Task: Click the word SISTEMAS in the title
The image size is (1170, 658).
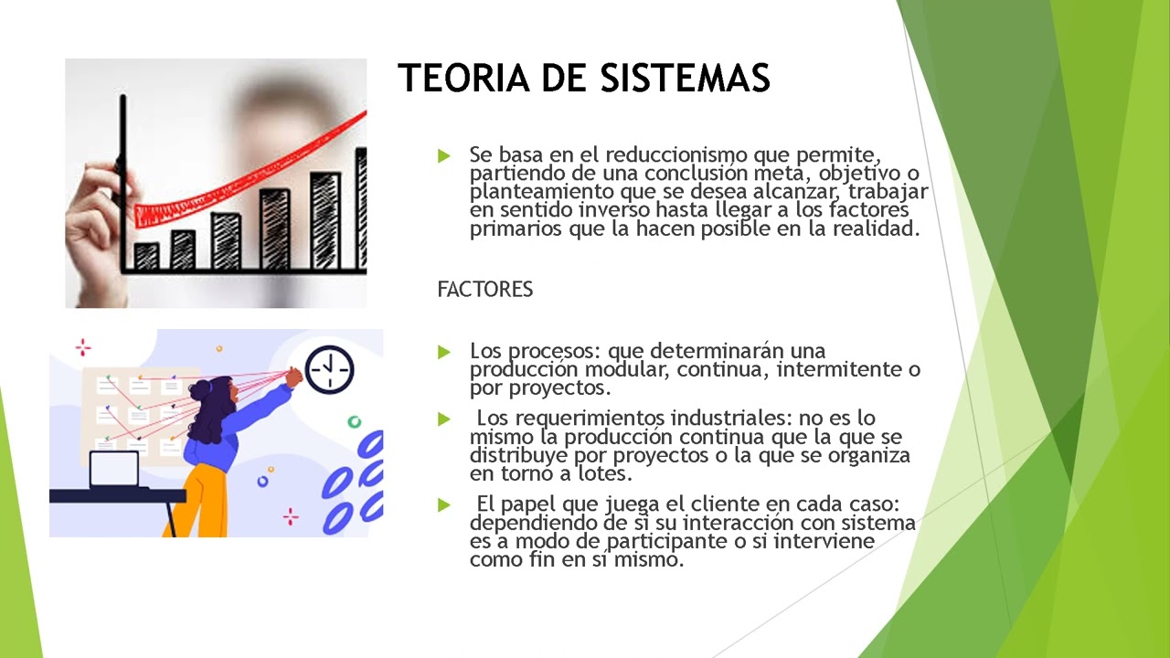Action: [x=686, y=79]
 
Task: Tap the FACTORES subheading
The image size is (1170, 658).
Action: [x=484, y=290]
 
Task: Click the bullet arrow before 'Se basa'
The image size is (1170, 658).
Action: [x=444, y=155]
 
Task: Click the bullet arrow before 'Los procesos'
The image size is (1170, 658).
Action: [x=444, y=351]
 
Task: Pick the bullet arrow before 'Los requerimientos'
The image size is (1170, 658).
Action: [x=444, y=419]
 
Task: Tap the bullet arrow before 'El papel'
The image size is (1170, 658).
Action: [x=444, y=504]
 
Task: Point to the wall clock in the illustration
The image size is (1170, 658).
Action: [x=328, y=369]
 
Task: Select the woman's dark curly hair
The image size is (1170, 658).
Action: [x=208, y=416]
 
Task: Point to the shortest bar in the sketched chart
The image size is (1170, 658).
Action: [x=146, y=255]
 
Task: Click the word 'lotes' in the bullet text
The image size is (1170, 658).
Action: [x=602, y=473]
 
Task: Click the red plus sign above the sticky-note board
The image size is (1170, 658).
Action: [x=83, y=346]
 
